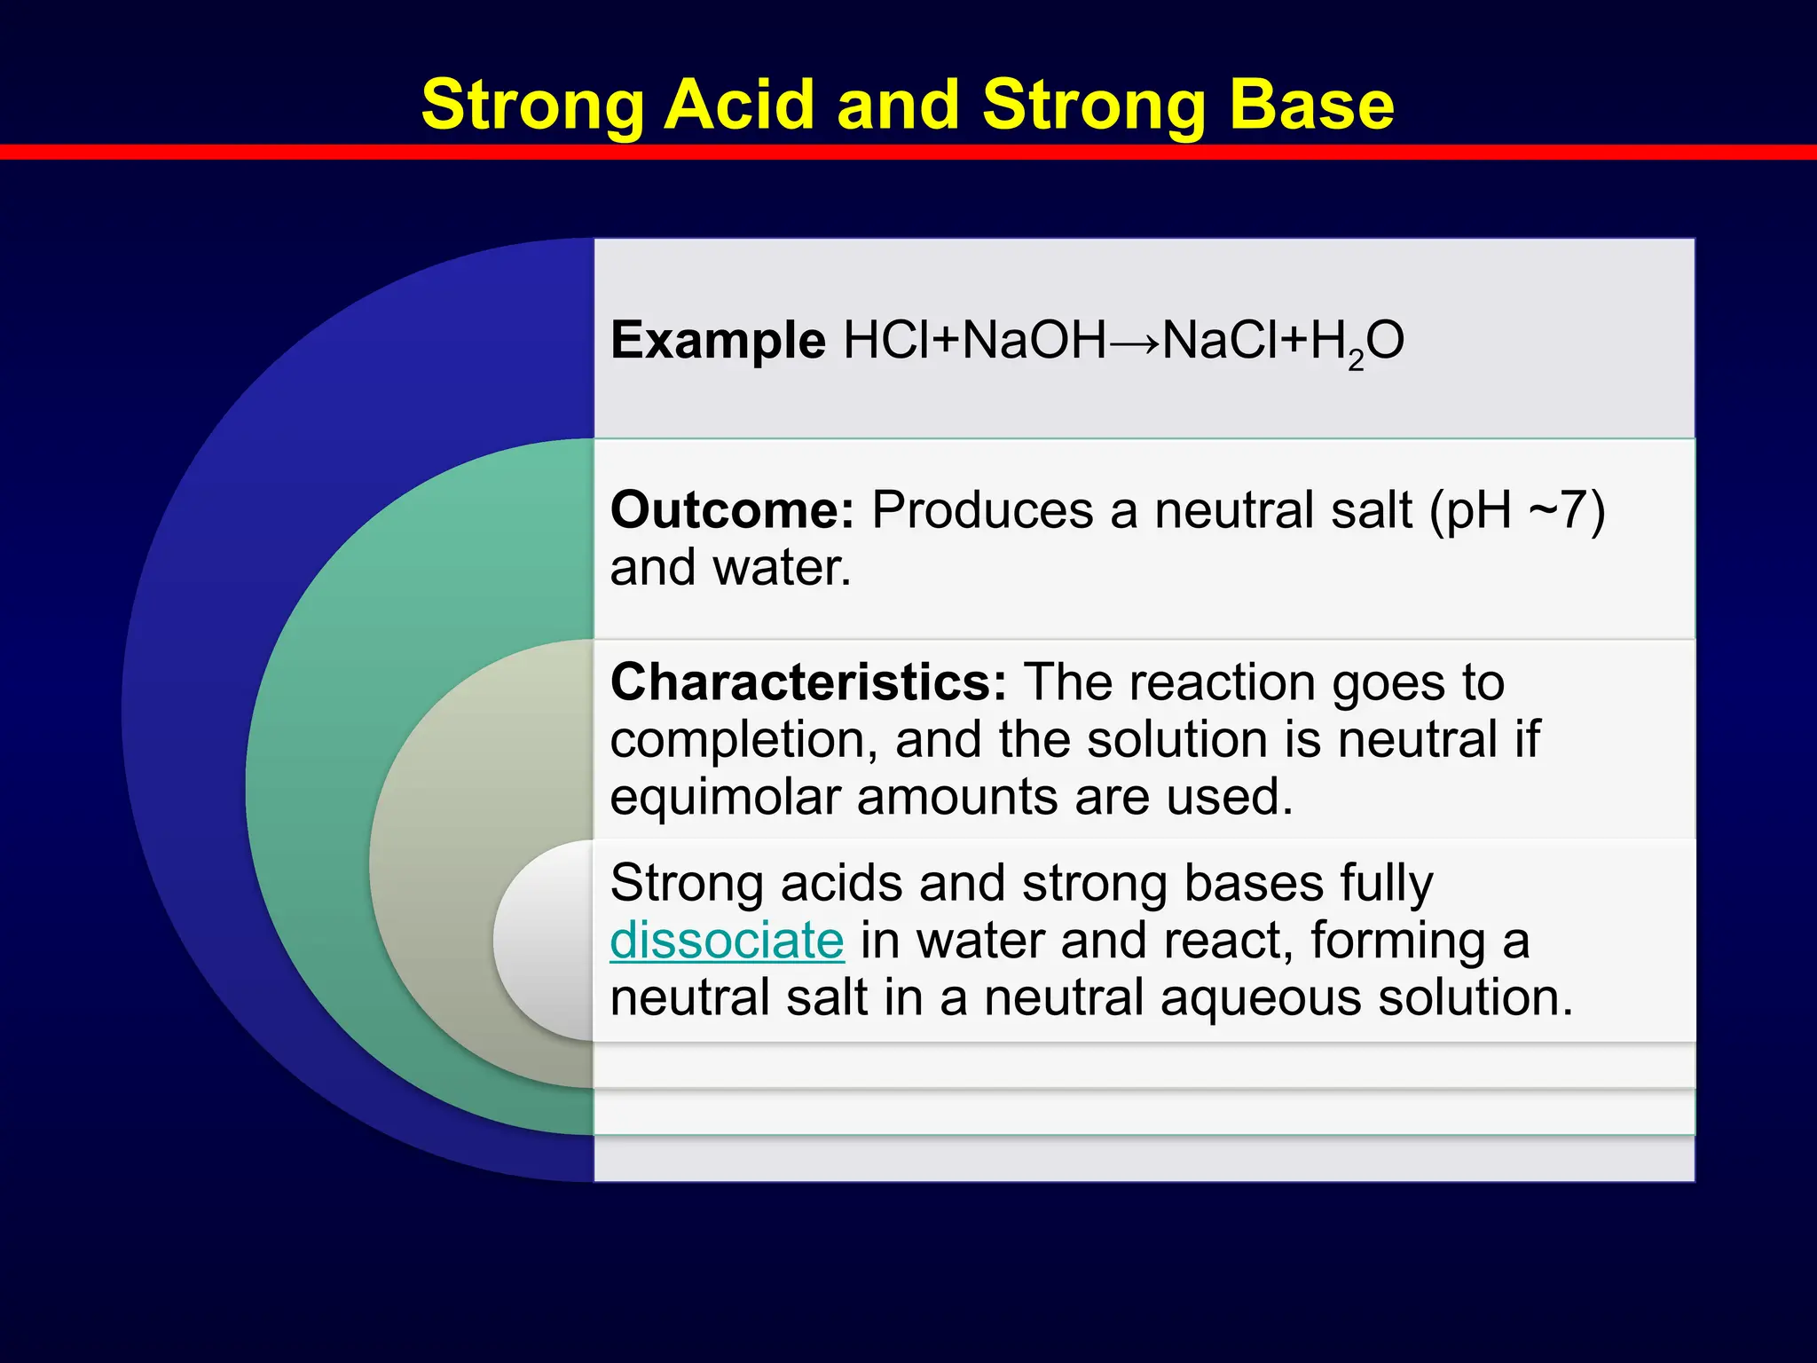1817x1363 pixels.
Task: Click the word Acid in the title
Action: (740, 105)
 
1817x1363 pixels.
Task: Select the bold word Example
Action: (718, 342)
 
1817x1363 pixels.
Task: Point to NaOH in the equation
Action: (1035, 341)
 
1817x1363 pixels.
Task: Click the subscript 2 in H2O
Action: (1356, 360)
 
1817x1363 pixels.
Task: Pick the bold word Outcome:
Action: (732, 510)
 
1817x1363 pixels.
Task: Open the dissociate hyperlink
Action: (727, 941)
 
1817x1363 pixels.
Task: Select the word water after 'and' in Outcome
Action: (781, 568)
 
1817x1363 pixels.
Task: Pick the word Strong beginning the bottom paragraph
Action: (688, 886)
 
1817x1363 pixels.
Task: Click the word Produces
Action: (982, 510)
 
